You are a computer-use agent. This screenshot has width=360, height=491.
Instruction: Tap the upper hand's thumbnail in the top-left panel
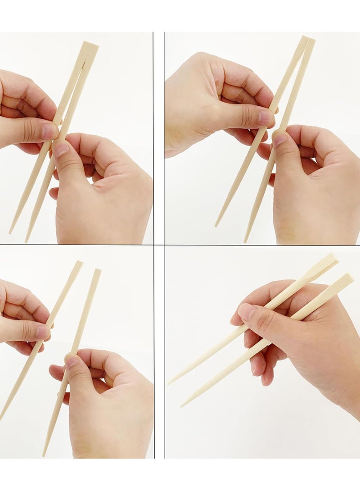[x=49, y=131]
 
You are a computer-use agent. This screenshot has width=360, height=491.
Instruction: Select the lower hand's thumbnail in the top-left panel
[x=61, y=148]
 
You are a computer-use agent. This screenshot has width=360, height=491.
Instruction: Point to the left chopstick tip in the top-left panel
[x=10, y=232]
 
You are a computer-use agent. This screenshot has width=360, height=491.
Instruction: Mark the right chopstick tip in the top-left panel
[x=26, y=241]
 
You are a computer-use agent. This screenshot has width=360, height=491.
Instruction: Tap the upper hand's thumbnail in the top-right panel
[x=265, y=117]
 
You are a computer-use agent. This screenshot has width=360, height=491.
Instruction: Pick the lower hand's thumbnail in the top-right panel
[x=279, y=137]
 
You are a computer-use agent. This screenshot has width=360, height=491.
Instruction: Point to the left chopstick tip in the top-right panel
[x=216, y=225]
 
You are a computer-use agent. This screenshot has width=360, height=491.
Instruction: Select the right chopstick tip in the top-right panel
[x=246, y=241]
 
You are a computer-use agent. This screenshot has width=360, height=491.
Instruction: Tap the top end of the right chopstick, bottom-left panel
[x=98, y=270]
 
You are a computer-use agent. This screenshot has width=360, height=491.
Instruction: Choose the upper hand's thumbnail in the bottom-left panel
[x=43, y=332]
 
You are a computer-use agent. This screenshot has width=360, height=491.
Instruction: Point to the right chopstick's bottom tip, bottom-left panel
[x=44, y=455]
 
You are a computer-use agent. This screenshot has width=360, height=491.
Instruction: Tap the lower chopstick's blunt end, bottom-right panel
[x=349, y=278]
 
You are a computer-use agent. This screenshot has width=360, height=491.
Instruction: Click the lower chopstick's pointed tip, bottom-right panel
[x=182, y=406]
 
